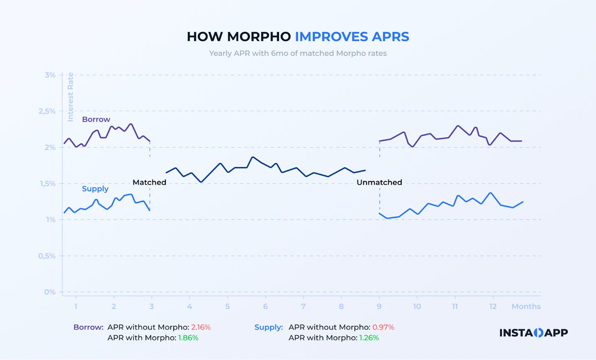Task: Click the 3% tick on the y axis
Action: point(50,75)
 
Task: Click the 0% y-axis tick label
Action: point(50,292)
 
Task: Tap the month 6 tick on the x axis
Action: point(265,306)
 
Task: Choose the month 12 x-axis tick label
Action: point(492,306)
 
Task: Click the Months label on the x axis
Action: point(526,306)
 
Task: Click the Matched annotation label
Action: point(149,182)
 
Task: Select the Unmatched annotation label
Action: point(379,182)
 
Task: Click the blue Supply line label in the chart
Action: point(95,189)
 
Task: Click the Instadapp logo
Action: point(533,333)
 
